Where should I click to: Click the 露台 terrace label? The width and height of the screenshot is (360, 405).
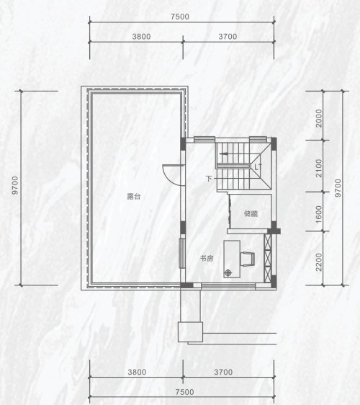point(134,196)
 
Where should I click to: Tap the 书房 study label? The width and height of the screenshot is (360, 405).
point(207,258)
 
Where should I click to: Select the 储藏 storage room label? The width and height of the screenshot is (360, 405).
point(251,213)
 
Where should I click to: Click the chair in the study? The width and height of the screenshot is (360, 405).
point(248,259)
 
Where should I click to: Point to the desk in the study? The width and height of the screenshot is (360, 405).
point(232,259)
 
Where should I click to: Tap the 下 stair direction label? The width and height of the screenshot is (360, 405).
point(209,179)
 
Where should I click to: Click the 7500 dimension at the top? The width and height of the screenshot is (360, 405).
point(180,17)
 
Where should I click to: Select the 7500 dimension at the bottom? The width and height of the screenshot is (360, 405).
point(184,392)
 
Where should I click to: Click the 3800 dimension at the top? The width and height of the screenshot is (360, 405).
point(141,37)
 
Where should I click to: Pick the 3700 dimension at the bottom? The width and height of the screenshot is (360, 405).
point(223,372)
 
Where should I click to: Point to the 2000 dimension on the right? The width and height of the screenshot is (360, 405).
point(319,118)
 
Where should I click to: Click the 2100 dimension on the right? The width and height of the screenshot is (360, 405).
point(319,168)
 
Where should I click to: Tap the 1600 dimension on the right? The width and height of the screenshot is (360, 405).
point(319,215)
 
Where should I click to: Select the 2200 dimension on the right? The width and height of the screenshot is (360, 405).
point(319,262)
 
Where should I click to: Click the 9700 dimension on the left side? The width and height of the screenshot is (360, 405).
point(15,185)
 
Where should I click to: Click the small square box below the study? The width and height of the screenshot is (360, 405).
point(191,332)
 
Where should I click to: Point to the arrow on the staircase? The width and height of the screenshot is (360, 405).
point(223,153)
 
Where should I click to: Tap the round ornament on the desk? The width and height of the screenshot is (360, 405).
point(228,272)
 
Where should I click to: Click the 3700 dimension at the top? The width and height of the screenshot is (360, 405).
point(228,37)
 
